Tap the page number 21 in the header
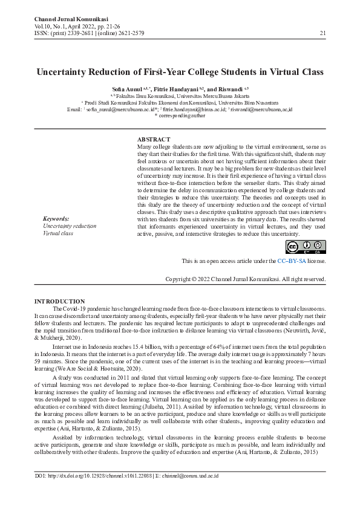322,33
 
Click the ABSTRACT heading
154,140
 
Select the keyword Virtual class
58,233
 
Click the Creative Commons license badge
306,247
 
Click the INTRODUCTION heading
60,301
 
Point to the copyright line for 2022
246,279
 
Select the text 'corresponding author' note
183,115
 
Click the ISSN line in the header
89,33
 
